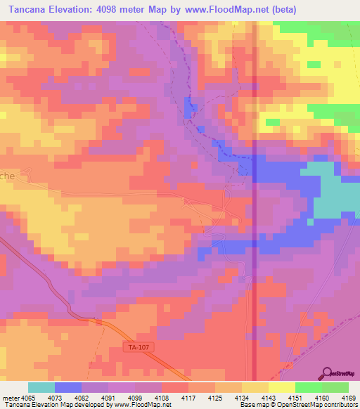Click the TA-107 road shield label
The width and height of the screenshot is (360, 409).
pos(140,347)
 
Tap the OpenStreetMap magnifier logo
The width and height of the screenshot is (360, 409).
pos(327,373)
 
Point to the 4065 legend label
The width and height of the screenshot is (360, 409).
pos(28,398)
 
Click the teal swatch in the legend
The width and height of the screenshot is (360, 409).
pos(41,387)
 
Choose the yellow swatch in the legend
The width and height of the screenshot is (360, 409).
pos(282,387)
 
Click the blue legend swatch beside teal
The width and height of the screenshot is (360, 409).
pos(68,387)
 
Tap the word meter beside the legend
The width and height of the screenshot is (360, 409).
pos(11,398)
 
